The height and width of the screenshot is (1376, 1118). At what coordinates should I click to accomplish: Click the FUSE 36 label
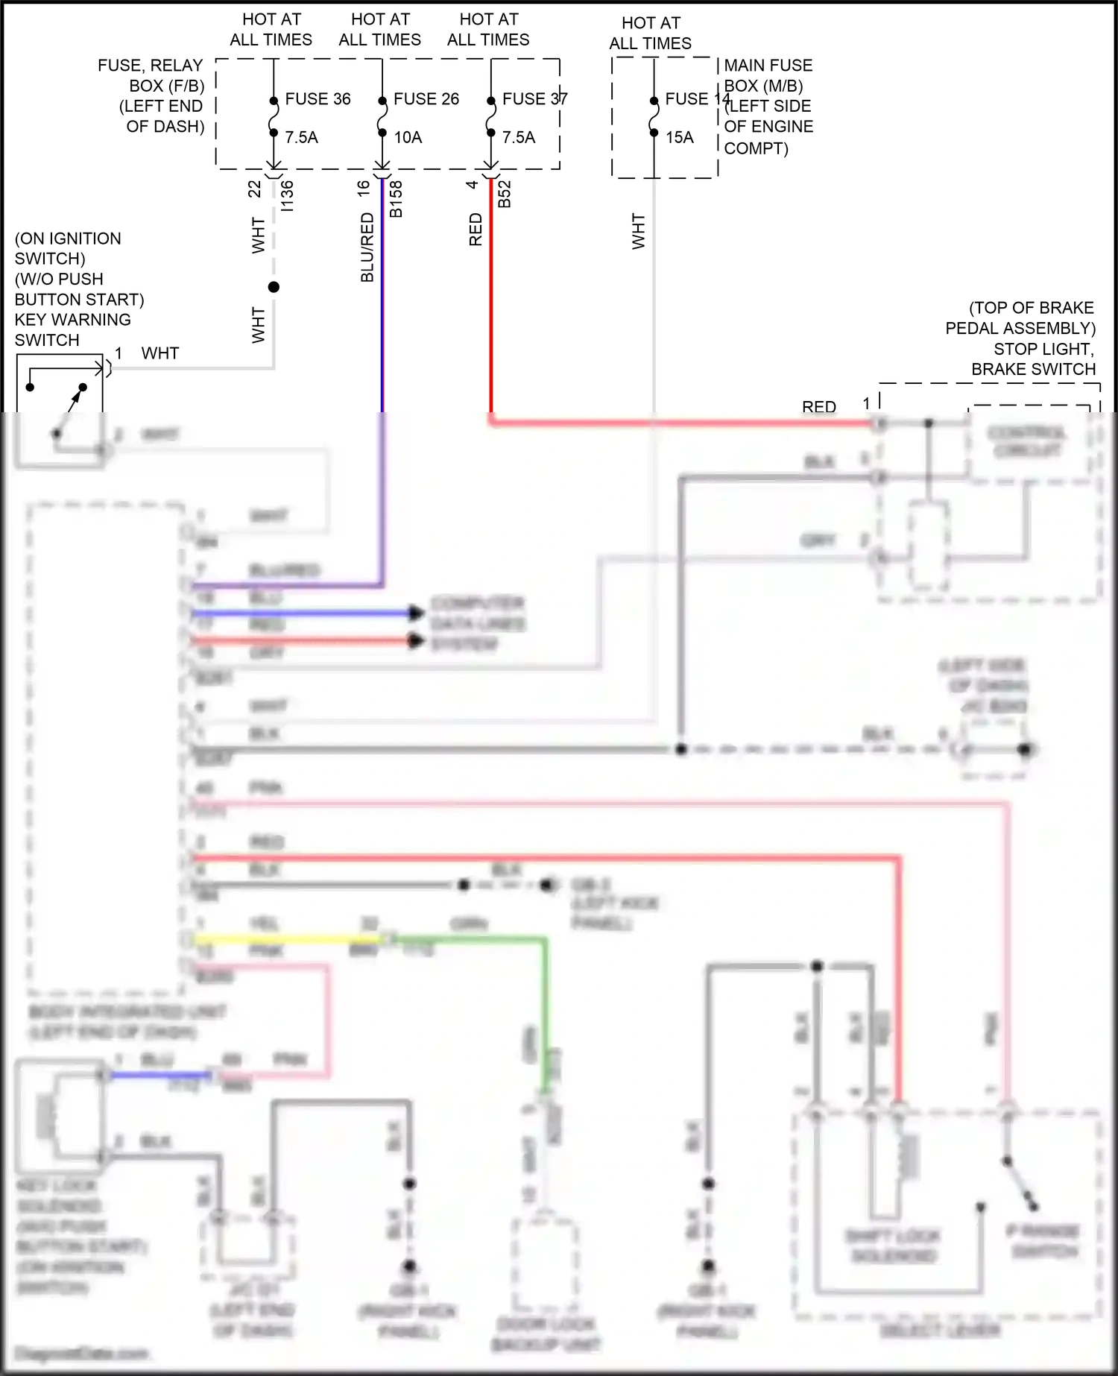[x=318, y=99]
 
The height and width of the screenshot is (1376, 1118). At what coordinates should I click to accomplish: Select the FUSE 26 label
[x=426, y=99]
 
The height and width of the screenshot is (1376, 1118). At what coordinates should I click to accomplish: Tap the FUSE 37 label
[x=534, y=99]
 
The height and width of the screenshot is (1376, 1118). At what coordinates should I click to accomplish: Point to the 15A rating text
[x=679, y=137]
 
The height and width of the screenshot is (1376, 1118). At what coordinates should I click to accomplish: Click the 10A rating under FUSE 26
[x=408, y=137]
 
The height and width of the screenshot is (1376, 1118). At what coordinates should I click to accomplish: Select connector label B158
[x=396, y=199]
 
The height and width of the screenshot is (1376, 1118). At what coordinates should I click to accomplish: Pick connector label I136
[x=287, y=196]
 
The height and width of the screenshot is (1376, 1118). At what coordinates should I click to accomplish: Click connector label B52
[x=504, y=194]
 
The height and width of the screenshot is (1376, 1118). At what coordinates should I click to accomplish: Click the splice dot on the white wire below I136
[x=274, y=287]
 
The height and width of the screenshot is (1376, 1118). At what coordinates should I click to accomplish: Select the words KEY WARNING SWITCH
[x=72, y=329]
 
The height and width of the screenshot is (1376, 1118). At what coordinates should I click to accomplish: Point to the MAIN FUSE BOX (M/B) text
[x=768, y=75]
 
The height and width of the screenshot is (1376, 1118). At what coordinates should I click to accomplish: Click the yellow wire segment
[x=283, y=939]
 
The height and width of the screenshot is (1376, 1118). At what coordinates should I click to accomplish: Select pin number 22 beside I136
[x=255, y=189]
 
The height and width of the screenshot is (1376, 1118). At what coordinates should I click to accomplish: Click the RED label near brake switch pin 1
[x=818, y=407]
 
